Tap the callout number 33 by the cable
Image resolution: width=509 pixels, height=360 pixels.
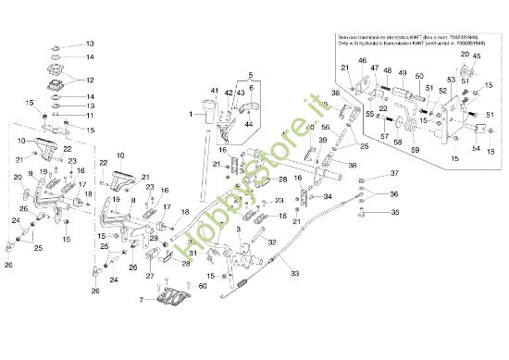click(295, 273)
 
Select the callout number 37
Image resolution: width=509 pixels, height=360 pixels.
click(392, 174)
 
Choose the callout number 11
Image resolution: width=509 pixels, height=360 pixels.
click(90, 116)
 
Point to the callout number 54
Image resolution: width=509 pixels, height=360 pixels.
click(476, 149)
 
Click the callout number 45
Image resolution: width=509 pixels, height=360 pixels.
click(477, 56)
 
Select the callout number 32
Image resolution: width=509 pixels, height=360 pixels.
click(194, 241)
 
